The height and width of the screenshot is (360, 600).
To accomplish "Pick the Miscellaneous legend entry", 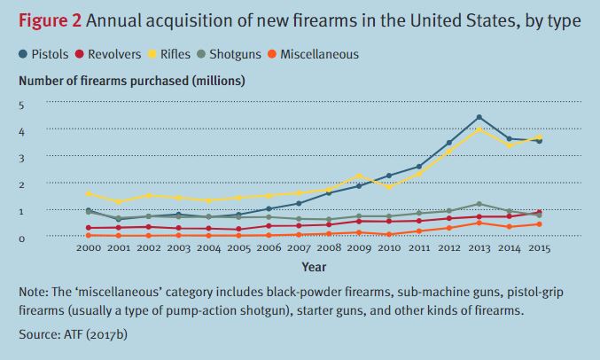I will tap(319, 55).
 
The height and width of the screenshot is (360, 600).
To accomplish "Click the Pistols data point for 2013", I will tap(479, 117).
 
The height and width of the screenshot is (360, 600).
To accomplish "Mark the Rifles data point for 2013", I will tap(479, 129).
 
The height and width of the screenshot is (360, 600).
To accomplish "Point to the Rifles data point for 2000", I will tap(89, 193).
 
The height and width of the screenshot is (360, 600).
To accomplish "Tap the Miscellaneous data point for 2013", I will tap(479, 223).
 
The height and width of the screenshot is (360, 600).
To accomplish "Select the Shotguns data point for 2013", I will tap(479, 204).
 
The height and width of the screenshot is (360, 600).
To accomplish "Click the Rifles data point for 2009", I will tap(358, 176).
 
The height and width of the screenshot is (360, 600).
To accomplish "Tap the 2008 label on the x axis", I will tap(328, 248).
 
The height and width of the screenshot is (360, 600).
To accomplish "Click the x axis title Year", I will tap(313, 265).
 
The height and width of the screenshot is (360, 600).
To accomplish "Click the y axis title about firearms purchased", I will tap(132, 81).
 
